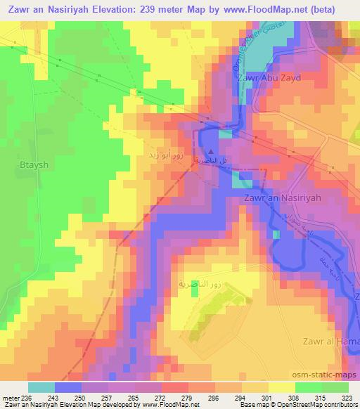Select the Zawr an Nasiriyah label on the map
tap(282, 198)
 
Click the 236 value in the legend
tap(27, 397)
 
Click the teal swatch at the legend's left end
tap(41, 387)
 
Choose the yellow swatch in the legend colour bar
tap(281, 387)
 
